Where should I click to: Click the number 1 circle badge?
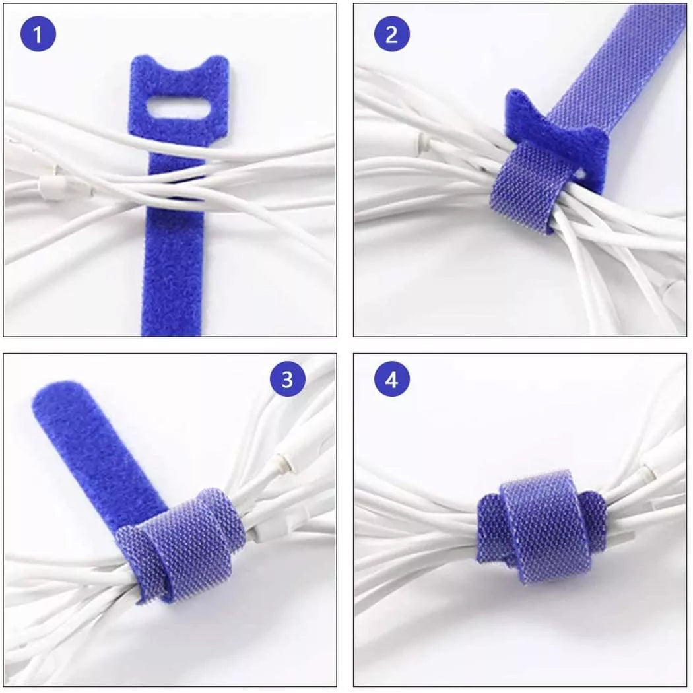pyautogui.click(x=38, y=34)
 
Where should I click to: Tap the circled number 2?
pyautogui.click(x=391, y=34)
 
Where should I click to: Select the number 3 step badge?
pyautogui.click(x=287, y=379)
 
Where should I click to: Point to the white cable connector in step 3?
pyautogui.click(x=290, y=455)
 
